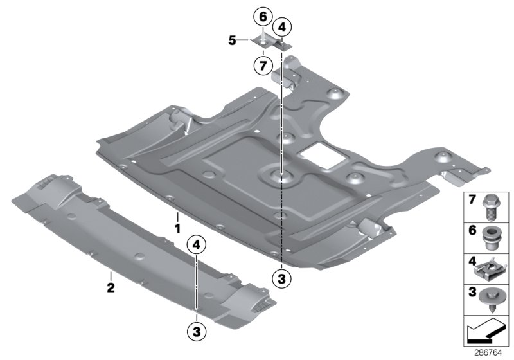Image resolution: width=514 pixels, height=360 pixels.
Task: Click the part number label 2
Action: [x=111, y=287]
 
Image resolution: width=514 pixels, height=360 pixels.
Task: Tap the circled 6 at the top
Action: [x=262, y=15]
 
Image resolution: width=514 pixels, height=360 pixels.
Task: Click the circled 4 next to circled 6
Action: [x=281, y=27]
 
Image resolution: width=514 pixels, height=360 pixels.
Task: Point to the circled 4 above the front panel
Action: [x=197, y=245]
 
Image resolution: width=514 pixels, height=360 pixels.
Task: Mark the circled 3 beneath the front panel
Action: [x=197, y=331]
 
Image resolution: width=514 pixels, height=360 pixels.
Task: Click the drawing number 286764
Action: [x=489, y=352]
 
